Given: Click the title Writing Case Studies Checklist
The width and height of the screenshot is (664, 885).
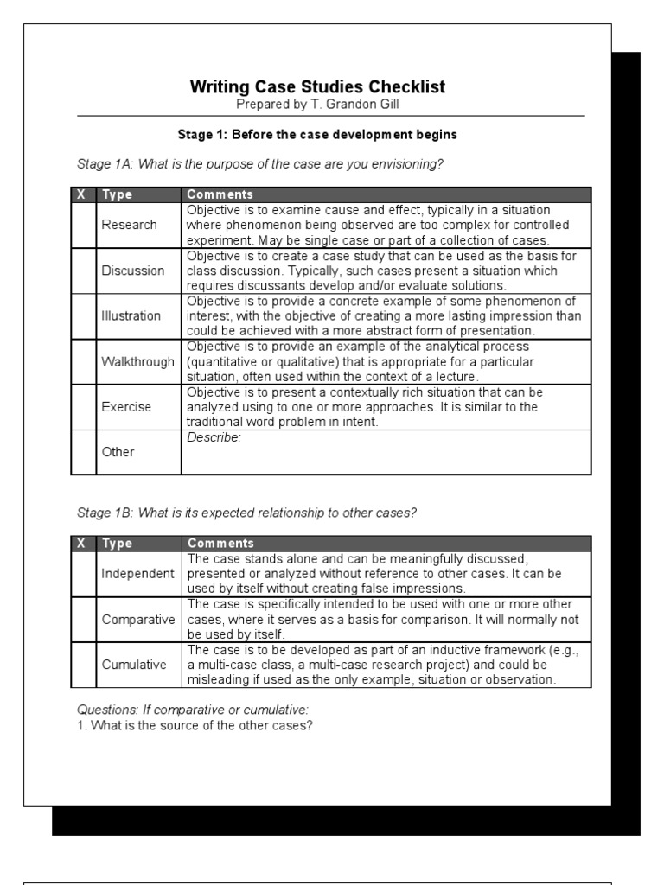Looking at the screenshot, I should coord(318,87).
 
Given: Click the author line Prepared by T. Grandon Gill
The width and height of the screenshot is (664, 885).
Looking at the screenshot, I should coord(317,104).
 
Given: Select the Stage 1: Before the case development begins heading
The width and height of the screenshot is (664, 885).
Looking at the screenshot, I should coord(317,135).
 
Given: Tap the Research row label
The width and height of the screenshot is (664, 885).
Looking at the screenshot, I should coord(129,225).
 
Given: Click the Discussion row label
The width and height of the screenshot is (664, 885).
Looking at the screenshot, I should coord(132,271).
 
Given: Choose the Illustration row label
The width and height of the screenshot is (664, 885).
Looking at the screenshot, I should coord(131,315).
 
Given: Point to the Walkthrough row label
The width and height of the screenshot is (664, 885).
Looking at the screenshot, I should coord(137,361).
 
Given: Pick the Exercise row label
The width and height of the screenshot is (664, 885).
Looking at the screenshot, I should coord(126,406).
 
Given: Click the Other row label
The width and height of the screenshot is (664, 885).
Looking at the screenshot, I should coord(118,452).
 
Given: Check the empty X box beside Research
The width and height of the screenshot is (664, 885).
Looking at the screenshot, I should coord(83,225).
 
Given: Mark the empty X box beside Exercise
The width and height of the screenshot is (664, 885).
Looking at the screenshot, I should coord(83,406).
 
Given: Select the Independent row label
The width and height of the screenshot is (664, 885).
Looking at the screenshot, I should coord(138,574).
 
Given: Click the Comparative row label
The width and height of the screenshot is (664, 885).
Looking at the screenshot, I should coord(138,620).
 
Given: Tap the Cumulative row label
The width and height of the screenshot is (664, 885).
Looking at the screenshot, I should coord(134,665).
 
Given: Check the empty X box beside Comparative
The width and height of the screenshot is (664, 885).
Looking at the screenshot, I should coord(83,620).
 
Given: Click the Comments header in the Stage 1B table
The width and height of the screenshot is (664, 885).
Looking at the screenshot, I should coord(220,544).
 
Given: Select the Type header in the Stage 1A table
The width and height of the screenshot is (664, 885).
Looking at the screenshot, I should coord(117,194).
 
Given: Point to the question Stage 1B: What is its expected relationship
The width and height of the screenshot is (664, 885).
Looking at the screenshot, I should coord(247,513).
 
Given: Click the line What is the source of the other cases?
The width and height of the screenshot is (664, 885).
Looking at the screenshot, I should coord(195,725).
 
